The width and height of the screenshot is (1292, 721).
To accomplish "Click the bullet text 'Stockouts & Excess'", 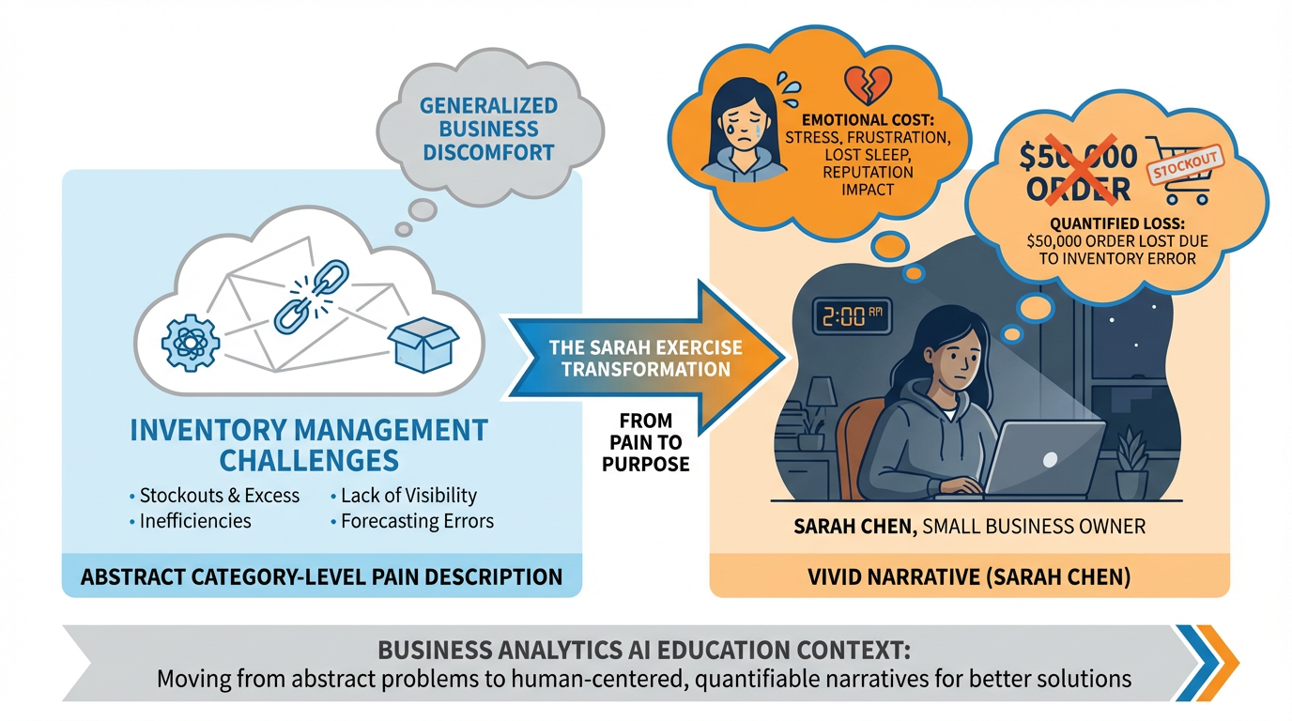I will pos(219,495).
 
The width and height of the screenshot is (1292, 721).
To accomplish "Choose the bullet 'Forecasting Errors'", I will pos(417,521).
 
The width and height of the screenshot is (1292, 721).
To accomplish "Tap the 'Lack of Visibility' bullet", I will pos(408,495).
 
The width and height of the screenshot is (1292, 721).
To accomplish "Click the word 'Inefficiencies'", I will pos(195,521).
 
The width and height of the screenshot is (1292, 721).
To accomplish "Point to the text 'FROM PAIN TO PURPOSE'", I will pos(649,442).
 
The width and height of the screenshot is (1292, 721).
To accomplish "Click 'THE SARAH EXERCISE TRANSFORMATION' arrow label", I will pos(646,359).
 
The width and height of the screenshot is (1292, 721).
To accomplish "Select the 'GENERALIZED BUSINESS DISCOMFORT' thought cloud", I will pos(488,129).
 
